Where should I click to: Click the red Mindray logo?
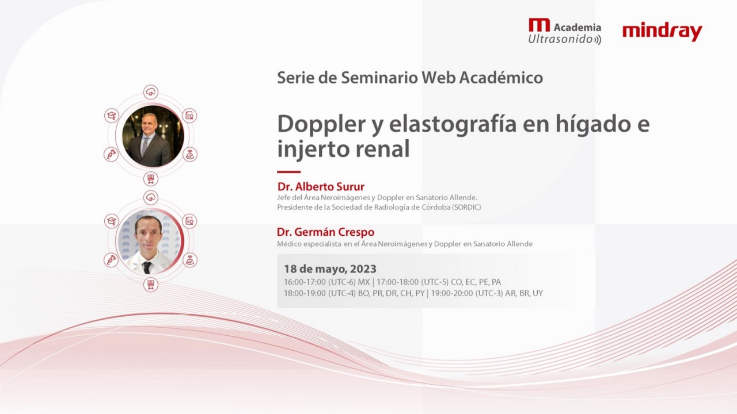(x=662, y=32)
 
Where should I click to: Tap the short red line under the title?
(x=288, y=171)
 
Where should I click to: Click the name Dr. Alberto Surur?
(x=321, y=186)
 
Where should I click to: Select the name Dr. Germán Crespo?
(x=325, y=232)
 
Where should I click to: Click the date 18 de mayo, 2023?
(x=330, y=269)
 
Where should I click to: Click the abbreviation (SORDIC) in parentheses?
(x=466, y=207)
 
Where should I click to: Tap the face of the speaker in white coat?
(x=148, y=233)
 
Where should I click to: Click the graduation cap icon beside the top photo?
(x=111, y=116)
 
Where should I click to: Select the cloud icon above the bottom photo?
(x=151, y=198)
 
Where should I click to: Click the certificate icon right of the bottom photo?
(x=189, y=221)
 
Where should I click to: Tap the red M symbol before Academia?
(x=539, y=25)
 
